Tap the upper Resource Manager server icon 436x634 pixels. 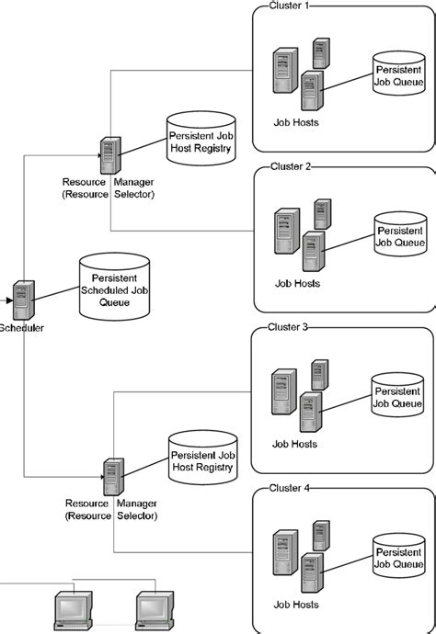click(x=110, y=156)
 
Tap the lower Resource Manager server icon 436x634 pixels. click(x=113, y=477)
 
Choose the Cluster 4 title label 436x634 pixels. click(x=291, y=488)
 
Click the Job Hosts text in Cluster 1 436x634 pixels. click(x=295, y=121)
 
